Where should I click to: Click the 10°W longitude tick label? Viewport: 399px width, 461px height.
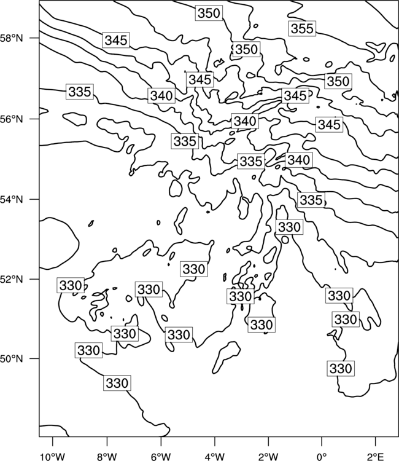click(x=53, y=456)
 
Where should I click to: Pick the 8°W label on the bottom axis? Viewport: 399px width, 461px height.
click(x=107, y=456)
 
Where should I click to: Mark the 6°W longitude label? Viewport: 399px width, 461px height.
click(x=161, y=456)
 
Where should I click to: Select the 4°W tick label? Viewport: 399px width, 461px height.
click(x=215, y=456)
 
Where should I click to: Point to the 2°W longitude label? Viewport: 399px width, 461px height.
click(x=268, y=456)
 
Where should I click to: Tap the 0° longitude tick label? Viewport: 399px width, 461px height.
click(x=322, y=456)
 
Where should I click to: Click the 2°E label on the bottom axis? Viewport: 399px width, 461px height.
click(x=376, y=456)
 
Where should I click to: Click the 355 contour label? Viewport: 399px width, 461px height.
click(x=302, y=28)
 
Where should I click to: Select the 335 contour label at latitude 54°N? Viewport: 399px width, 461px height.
click(x=311, y=200)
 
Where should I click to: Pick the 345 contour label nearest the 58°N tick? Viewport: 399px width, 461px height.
click(x=116, y=40)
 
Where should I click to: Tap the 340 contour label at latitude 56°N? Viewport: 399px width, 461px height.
click(x=245, y=121)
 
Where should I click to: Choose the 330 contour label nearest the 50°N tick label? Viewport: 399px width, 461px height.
click(x=88, y=350)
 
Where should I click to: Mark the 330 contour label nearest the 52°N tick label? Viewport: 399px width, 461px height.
click(x=71, y=285)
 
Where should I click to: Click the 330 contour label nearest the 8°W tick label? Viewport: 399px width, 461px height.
click(x=117, y=383)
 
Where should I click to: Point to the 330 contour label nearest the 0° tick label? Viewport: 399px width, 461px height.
click(x=341, y=368)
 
